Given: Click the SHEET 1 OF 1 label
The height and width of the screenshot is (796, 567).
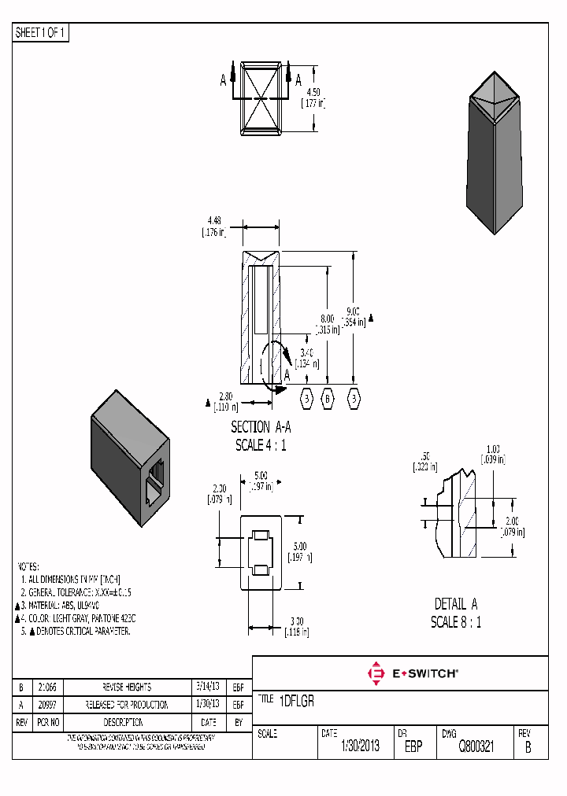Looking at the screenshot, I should [x=41, y=33].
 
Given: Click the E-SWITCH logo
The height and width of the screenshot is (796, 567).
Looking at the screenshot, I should [x=413, y=673].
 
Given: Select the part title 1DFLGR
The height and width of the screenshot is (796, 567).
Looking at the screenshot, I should [x=297, y=702].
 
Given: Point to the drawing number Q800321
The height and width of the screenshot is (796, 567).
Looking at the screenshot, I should [x=476, y=746].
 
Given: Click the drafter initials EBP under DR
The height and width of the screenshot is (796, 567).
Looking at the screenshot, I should [x=413, y=746].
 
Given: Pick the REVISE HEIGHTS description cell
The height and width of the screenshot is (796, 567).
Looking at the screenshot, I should [x=127, y=687].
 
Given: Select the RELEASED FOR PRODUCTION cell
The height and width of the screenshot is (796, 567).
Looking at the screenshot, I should [x=127, y=705].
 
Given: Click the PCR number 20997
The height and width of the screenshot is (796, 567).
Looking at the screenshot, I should [x=46, y=705].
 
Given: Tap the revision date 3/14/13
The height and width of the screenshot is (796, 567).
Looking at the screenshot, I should [x=209, y=687].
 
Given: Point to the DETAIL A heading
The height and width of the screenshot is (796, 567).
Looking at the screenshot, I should [x=456, y=604].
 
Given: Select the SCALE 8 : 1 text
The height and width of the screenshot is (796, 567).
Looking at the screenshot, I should [x=456, y=622].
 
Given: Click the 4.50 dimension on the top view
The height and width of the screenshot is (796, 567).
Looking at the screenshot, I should [x=313, y=92].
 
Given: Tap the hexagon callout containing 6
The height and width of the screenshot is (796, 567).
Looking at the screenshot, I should [x=328, y=399].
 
